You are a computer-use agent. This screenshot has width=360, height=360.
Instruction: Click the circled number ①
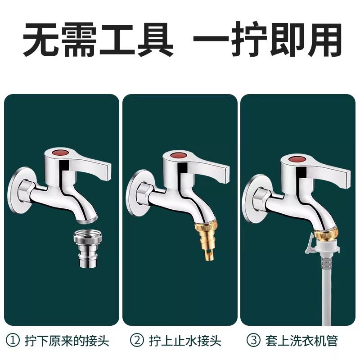pos(13,341)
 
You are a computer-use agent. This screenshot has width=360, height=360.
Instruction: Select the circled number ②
pos(137,341)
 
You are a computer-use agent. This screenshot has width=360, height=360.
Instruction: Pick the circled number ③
pos(254,341)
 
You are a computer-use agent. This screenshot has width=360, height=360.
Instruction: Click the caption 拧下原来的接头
pos(67,341)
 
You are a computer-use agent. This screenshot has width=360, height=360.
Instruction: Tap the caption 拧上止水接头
pos(185,341)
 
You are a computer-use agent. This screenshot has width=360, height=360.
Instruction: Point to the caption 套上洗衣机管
pos(301,341)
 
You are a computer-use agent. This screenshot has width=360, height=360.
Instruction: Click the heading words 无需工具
pos(98,40)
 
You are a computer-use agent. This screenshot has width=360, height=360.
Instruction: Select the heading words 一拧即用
pos(268,40)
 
